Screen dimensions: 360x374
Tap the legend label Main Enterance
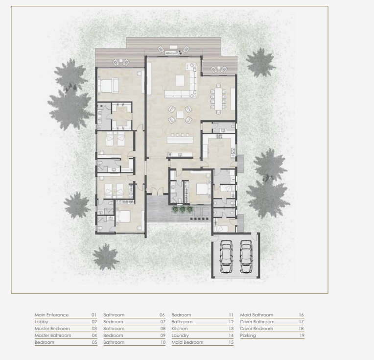tap(51, 315)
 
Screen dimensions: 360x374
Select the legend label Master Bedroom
tap(52, 329)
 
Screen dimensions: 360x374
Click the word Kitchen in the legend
tap(180, 329)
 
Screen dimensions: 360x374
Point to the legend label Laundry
tap(180, 336)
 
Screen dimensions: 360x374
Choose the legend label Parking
tap(248, 336)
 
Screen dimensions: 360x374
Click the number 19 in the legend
tap(301, 336)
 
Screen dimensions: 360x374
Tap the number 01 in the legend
tap(94, 315)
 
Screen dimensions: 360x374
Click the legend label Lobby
tap(41, 322)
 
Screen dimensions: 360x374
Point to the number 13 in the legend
tap(231, 329)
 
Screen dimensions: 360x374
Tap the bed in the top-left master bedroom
tap(108, 86)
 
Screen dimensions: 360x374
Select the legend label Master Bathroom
tap(53, 336)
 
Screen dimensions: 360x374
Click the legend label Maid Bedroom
tap(187, 342)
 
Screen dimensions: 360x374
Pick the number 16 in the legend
tap(301, 315)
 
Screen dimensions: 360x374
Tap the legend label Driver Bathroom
tap(257, 322)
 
